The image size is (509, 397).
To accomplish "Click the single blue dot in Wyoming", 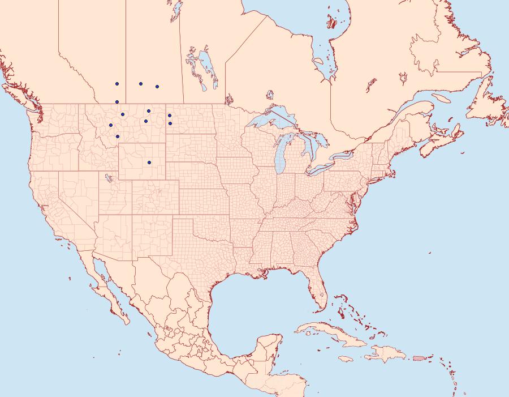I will [x=149, y=163].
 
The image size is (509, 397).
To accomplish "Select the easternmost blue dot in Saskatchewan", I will [x=157, y=87].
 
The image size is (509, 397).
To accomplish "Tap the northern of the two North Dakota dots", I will [x=170, y=116].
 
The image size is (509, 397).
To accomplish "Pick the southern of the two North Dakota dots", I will [x=170, y=123].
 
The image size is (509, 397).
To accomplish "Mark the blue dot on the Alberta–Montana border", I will [x=117, y=102].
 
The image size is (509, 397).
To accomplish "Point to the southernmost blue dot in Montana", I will [x=118, y=136].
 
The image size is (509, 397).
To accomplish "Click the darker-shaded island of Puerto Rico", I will [x=419, y=357].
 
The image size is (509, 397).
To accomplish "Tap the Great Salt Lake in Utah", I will [x=106, y=178].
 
